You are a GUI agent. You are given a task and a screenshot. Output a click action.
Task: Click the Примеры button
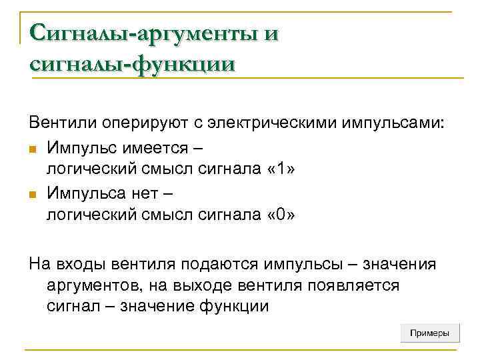point(430,333)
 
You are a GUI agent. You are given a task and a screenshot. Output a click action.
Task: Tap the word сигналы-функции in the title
point(132,64)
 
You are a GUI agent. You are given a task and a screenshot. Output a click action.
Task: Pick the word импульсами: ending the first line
point(393,123)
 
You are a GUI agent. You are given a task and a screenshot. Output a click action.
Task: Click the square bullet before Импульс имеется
point(33,147)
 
